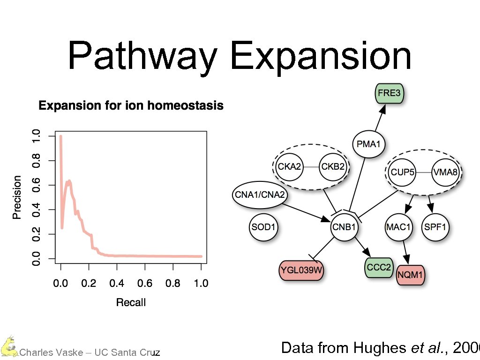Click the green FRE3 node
(389, 93)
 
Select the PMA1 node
(368, 144)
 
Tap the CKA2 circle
(290, 166)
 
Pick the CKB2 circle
(333, 166)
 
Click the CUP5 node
(403, 172)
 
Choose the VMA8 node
(445, 172)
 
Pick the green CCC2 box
(378, 267)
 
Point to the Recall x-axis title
(131, 302)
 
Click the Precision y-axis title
(17, 197)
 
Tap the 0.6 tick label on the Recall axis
(145, 283)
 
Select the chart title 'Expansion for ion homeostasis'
(131, 106)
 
